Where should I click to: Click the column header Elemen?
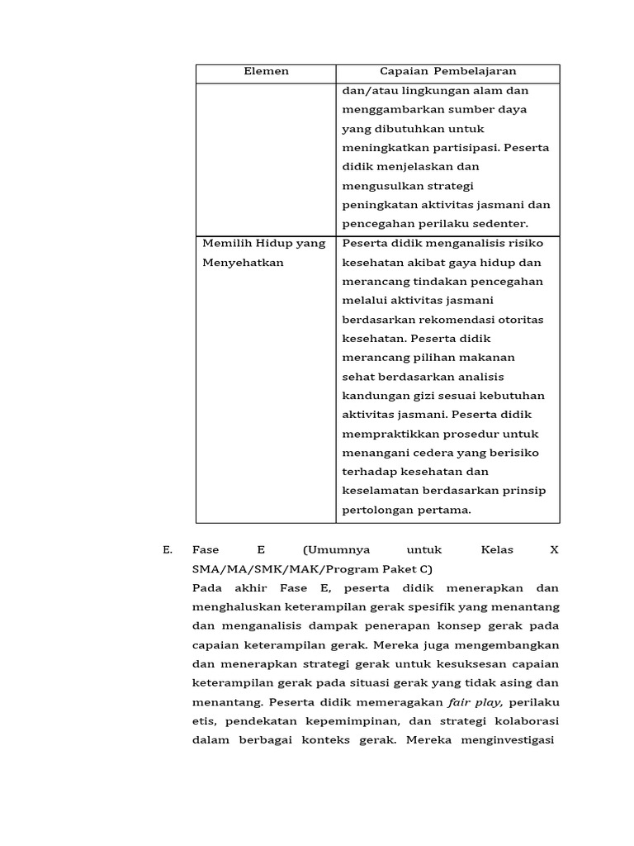(266, 72)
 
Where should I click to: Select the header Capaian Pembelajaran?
(447, 72)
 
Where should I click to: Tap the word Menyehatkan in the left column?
(244, 263)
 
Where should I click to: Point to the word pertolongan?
(377, 510)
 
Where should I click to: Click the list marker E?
(168, 550)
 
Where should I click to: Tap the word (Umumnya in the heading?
(336, 550)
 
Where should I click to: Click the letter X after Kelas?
(554, 550)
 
